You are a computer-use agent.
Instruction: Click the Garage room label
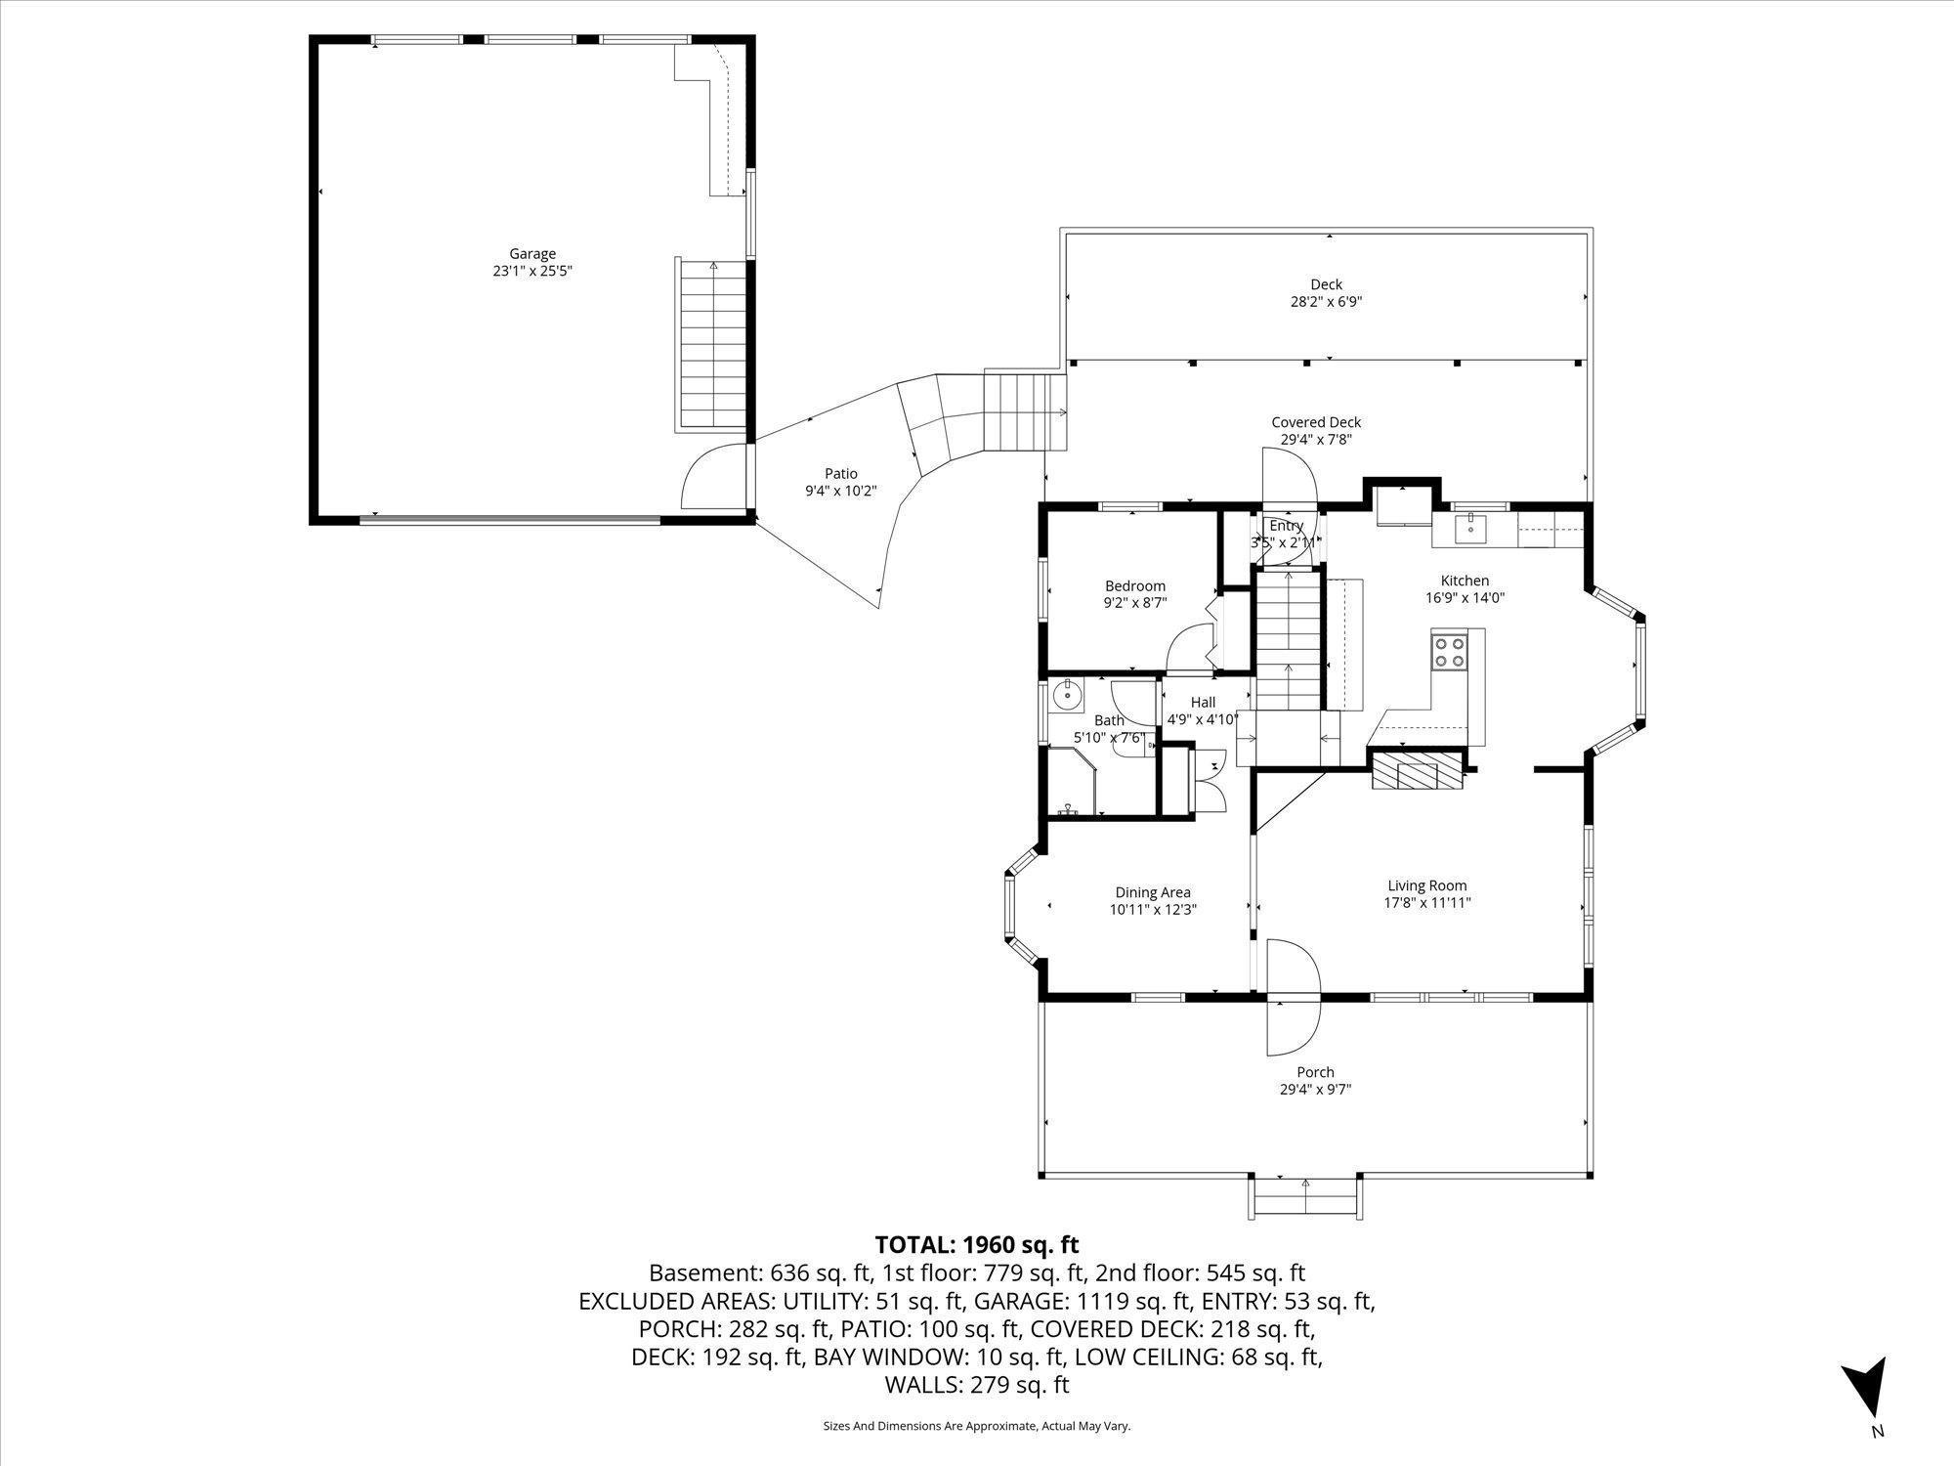(531, 254)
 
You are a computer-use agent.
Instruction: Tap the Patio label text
(840, 474)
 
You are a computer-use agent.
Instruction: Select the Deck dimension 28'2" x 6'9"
(1326, 303)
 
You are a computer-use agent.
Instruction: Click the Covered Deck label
(1315, 422)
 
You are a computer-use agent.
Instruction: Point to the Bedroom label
(1134, 586)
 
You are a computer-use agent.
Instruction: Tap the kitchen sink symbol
(1469, 529)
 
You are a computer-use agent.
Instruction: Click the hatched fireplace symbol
(1418, 770)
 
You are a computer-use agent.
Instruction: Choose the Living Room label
(1426, 886)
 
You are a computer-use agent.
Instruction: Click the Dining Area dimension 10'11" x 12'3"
(1153, 909)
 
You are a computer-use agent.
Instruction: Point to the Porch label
(1315, 1072)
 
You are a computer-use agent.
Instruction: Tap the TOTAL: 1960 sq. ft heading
(976, 1245)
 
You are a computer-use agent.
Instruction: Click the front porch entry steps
(1305, 1197)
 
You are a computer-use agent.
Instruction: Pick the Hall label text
(1203, 702)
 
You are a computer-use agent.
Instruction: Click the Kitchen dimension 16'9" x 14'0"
(1465, 598)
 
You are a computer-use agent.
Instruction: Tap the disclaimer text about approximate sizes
(976, 1427)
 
